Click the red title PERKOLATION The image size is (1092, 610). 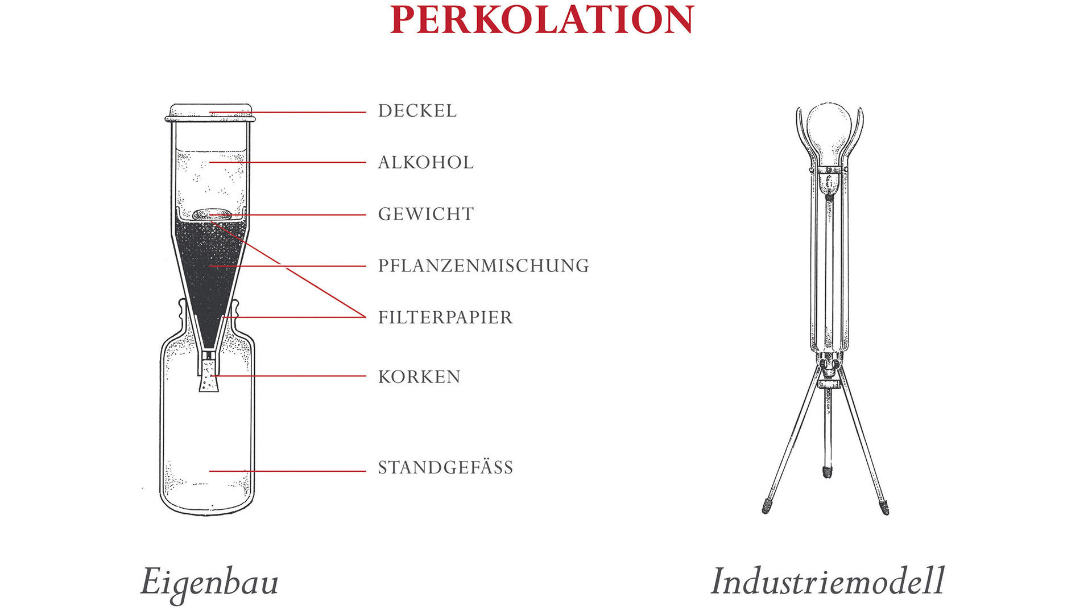[542, 19]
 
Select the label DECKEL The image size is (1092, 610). [417, 110]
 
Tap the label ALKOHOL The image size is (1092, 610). [426, 162]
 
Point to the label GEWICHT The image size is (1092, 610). [426, 214]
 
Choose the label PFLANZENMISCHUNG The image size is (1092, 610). [483, 266]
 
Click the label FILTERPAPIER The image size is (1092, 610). [445, 317]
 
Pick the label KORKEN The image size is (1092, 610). [419, 377]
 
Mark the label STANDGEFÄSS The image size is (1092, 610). [446, 467]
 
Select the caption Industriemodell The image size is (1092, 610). [828, 581]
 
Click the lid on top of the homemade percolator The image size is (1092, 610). [210, 113]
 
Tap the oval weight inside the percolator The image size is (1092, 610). [212, 215]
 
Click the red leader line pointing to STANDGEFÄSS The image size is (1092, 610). [287, 471]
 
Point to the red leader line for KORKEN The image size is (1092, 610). [289, 376]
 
